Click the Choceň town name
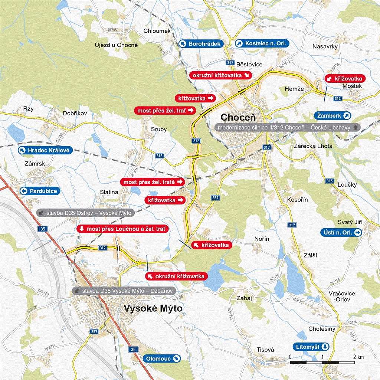(x=238, y=117)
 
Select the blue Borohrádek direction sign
(x=201, y=44)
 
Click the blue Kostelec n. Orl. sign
(x=262, y=43)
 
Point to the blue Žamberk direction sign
(x=333, y=115)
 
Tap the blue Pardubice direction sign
(x=39, y=191)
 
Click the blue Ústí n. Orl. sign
(x=341, y=233)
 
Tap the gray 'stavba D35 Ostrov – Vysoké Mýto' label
(x=86, y=213)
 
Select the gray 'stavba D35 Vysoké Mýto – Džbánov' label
(x=123, y=291)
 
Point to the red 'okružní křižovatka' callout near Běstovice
(x=220, y=75)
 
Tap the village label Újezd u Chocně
(x=117, y=45)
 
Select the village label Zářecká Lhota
(x=308, y=146)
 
